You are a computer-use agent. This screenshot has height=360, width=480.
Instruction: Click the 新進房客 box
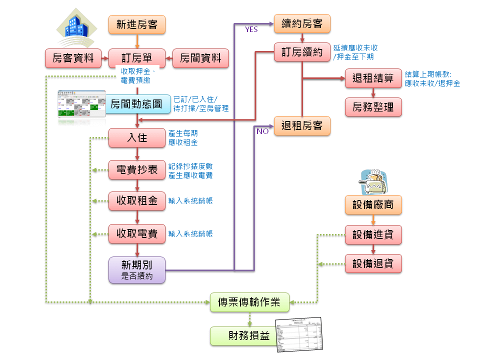pos(137,24)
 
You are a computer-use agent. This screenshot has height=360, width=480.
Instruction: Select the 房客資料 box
pos(73,58)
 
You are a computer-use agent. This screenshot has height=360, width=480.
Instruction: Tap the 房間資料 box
pos(200,58)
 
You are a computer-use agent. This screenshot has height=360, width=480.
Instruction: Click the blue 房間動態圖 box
pos(137,104)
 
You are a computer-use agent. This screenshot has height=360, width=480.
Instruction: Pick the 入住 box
pos(137,138)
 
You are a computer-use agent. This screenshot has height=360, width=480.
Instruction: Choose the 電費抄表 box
pos(137,170)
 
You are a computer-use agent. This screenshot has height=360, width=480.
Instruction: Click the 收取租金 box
pos(137,201)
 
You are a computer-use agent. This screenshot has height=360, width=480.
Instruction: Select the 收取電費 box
pos(137,233)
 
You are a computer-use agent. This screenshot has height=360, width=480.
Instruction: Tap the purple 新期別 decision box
pos(137,270)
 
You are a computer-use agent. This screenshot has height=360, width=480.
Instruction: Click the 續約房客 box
pos(302,23)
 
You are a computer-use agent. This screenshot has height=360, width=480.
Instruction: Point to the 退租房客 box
pos(302,125)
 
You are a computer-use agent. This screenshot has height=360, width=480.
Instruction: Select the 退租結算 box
pos(373,78)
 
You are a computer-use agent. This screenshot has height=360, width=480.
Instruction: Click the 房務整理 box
pos(373,107)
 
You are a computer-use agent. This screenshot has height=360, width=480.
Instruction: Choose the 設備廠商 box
pos(373,205)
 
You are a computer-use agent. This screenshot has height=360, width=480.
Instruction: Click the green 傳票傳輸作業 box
pos(249,302)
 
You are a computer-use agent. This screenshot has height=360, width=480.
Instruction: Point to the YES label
pos(251,29)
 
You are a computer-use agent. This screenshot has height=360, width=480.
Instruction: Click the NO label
pos(262,131)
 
